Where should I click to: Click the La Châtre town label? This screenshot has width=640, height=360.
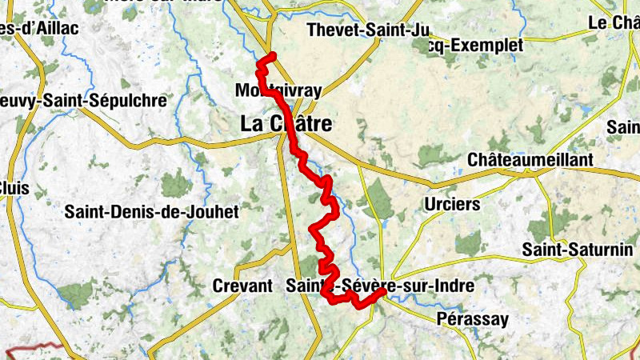tap(286, 125)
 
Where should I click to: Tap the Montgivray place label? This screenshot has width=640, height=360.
tap(278, 91)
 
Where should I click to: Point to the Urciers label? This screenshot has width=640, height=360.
tap(453, 204)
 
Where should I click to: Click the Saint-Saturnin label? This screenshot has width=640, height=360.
tap(577, 249)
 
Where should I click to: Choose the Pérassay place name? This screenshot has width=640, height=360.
tap(473, 319)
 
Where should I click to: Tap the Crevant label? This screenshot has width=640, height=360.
tap(243, 285)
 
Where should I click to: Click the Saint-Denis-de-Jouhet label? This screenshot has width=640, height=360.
tap(141, 212)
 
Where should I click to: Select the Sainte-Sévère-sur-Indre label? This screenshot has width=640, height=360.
tap(380, 285)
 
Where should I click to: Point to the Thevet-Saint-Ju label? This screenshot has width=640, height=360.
tap(369, 30)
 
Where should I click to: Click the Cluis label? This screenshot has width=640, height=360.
tap(14, 187)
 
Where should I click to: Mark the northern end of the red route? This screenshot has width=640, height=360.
tap(273, 54)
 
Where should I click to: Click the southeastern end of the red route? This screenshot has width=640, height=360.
tap(382, 292)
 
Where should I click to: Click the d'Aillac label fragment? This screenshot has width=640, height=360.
tap(39, 29)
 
